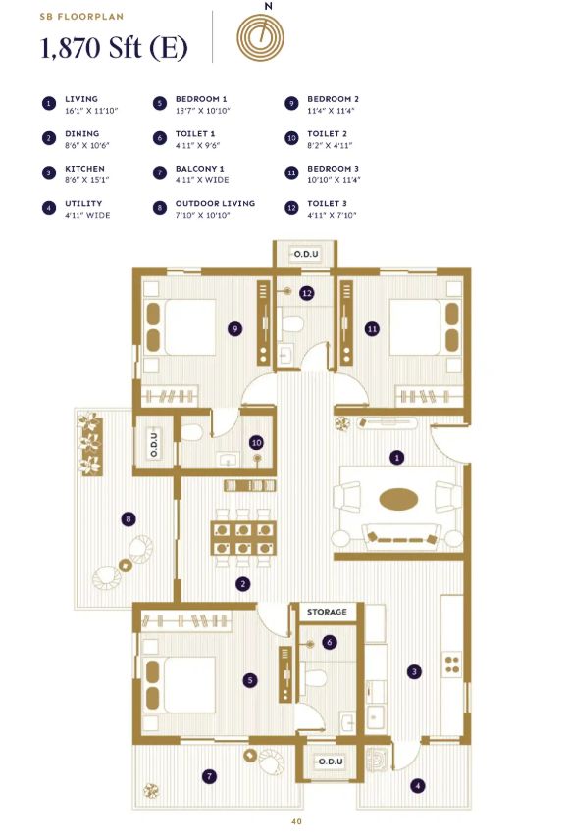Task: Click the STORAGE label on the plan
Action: coord(327,612)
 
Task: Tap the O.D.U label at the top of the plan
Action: coord(304,255)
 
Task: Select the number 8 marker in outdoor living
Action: coord(128,518)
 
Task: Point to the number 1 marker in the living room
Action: coord(397,457)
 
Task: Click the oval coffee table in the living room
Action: coord(397,499)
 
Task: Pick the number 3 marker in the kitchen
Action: coord(415,671)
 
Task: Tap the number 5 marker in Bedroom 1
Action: coord(252,679)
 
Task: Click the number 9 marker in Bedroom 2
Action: coord(235,329)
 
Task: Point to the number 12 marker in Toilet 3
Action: coord(307,292)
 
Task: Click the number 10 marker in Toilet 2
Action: coord(256,443)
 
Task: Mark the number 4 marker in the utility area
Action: coord(418,784)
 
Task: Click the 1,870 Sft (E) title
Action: coord(113,47)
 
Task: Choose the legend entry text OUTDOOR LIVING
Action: coord(215,204)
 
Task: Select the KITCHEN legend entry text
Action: coord(84,169)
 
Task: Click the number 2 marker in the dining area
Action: coord(242,584)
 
